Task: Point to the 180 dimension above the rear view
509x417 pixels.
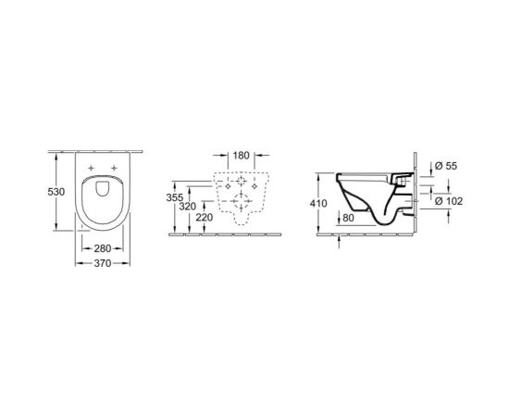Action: [x=242, y=157]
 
